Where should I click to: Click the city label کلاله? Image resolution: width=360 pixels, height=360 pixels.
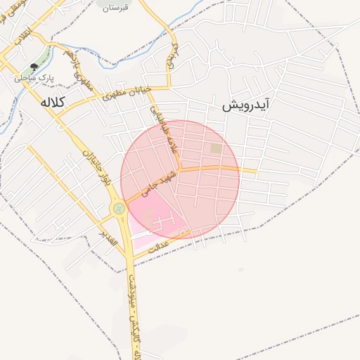click(53, 103)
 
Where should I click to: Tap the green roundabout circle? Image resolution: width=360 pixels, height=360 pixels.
click(118, 208)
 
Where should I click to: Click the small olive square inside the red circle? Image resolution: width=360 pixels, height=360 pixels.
click(215, 148)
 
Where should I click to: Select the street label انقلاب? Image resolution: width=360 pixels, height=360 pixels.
click(22, 39)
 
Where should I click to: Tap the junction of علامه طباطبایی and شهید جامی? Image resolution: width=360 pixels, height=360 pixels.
click(179, 169)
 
